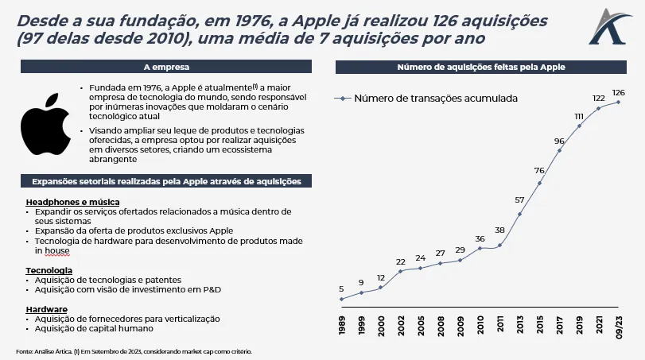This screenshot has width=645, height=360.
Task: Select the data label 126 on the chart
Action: (618, 91)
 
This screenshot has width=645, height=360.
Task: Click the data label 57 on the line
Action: (519, 200)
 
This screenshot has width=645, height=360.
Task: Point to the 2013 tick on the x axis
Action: (520, 327)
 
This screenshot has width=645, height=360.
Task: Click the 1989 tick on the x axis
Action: (342, 327)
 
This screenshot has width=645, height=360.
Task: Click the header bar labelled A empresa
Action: (166, 68)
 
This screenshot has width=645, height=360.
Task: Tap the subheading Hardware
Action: (47, 308)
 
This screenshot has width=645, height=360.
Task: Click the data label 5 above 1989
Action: (341, 288)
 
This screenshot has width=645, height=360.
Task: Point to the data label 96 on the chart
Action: (559, 141)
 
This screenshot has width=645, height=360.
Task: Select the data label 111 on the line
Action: (579, 116)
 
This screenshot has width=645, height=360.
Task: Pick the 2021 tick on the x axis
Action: (599, 327)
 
